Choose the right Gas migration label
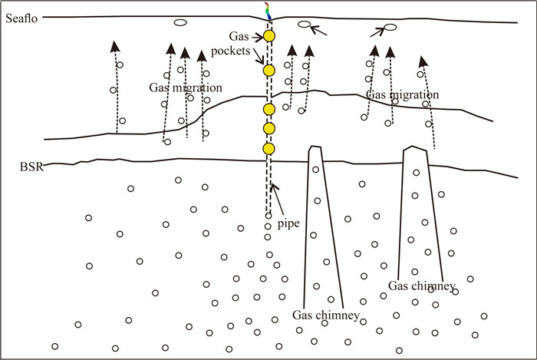pos(402,95)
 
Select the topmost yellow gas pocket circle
pos(269,36)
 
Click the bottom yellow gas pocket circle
pos(268,148)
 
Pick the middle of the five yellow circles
pos(268,109)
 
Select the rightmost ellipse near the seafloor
pos(390,28)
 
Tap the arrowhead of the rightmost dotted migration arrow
pos(420,60)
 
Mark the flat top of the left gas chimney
pos(314,146)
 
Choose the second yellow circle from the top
pos(268,71)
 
